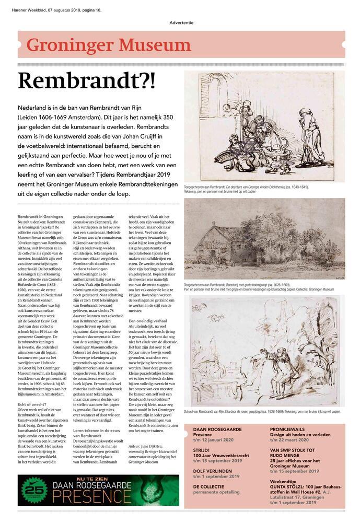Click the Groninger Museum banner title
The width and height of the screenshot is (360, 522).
[x=109, y=45]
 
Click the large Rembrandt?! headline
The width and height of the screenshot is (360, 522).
[x=86, y=81]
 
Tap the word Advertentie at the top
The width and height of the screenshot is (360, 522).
[x=181, y=22]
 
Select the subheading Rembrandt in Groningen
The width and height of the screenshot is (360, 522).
[x=48, y=216]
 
